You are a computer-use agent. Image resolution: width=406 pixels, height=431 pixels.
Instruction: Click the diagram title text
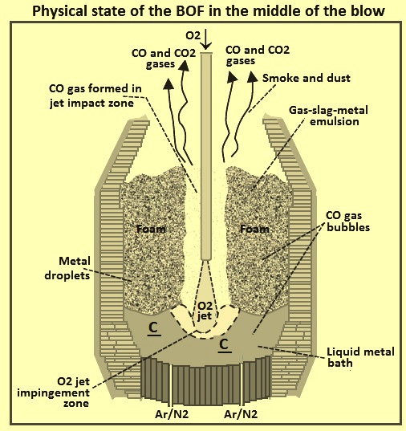coord(209,11)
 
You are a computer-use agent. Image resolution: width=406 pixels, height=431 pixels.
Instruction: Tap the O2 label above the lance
coord(193,35)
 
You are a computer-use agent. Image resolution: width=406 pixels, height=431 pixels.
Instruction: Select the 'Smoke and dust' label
coord(307,78)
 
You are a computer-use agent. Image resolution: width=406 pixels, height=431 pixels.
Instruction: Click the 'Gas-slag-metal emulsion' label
coord(328,116)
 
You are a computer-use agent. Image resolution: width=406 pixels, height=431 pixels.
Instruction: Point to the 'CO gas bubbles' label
coord(347,222)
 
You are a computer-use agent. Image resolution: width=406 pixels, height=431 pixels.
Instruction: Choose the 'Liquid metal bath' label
coord(360,357)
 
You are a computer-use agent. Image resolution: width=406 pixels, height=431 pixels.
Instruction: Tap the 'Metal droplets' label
coord(67,268)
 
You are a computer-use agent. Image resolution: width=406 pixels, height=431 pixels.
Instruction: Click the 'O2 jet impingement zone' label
coord(53,392)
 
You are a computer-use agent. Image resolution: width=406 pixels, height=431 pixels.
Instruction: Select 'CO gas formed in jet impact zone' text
coord(95,96)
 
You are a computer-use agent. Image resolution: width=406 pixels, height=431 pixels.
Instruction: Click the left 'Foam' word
coord(151,229)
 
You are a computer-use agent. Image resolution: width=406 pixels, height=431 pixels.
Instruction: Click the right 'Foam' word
coord(255,229)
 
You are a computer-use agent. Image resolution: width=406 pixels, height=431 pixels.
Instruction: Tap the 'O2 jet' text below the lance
coord(205,311)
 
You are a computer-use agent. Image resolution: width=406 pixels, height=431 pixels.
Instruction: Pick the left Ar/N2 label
coord(172,414)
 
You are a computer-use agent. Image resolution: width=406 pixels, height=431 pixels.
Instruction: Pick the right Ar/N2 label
coord(241,414)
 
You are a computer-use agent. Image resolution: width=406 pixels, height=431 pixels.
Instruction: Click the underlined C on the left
coord(153,328)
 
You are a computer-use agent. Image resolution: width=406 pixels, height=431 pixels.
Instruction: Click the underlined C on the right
coord(225,345)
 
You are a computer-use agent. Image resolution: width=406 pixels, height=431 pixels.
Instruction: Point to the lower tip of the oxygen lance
coord(206,260)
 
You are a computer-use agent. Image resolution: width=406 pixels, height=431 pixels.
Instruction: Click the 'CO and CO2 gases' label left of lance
coord(164,59)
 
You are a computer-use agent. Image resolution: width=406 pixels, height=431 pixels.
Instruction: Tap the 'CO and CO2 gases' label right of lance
coord(258,55)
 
